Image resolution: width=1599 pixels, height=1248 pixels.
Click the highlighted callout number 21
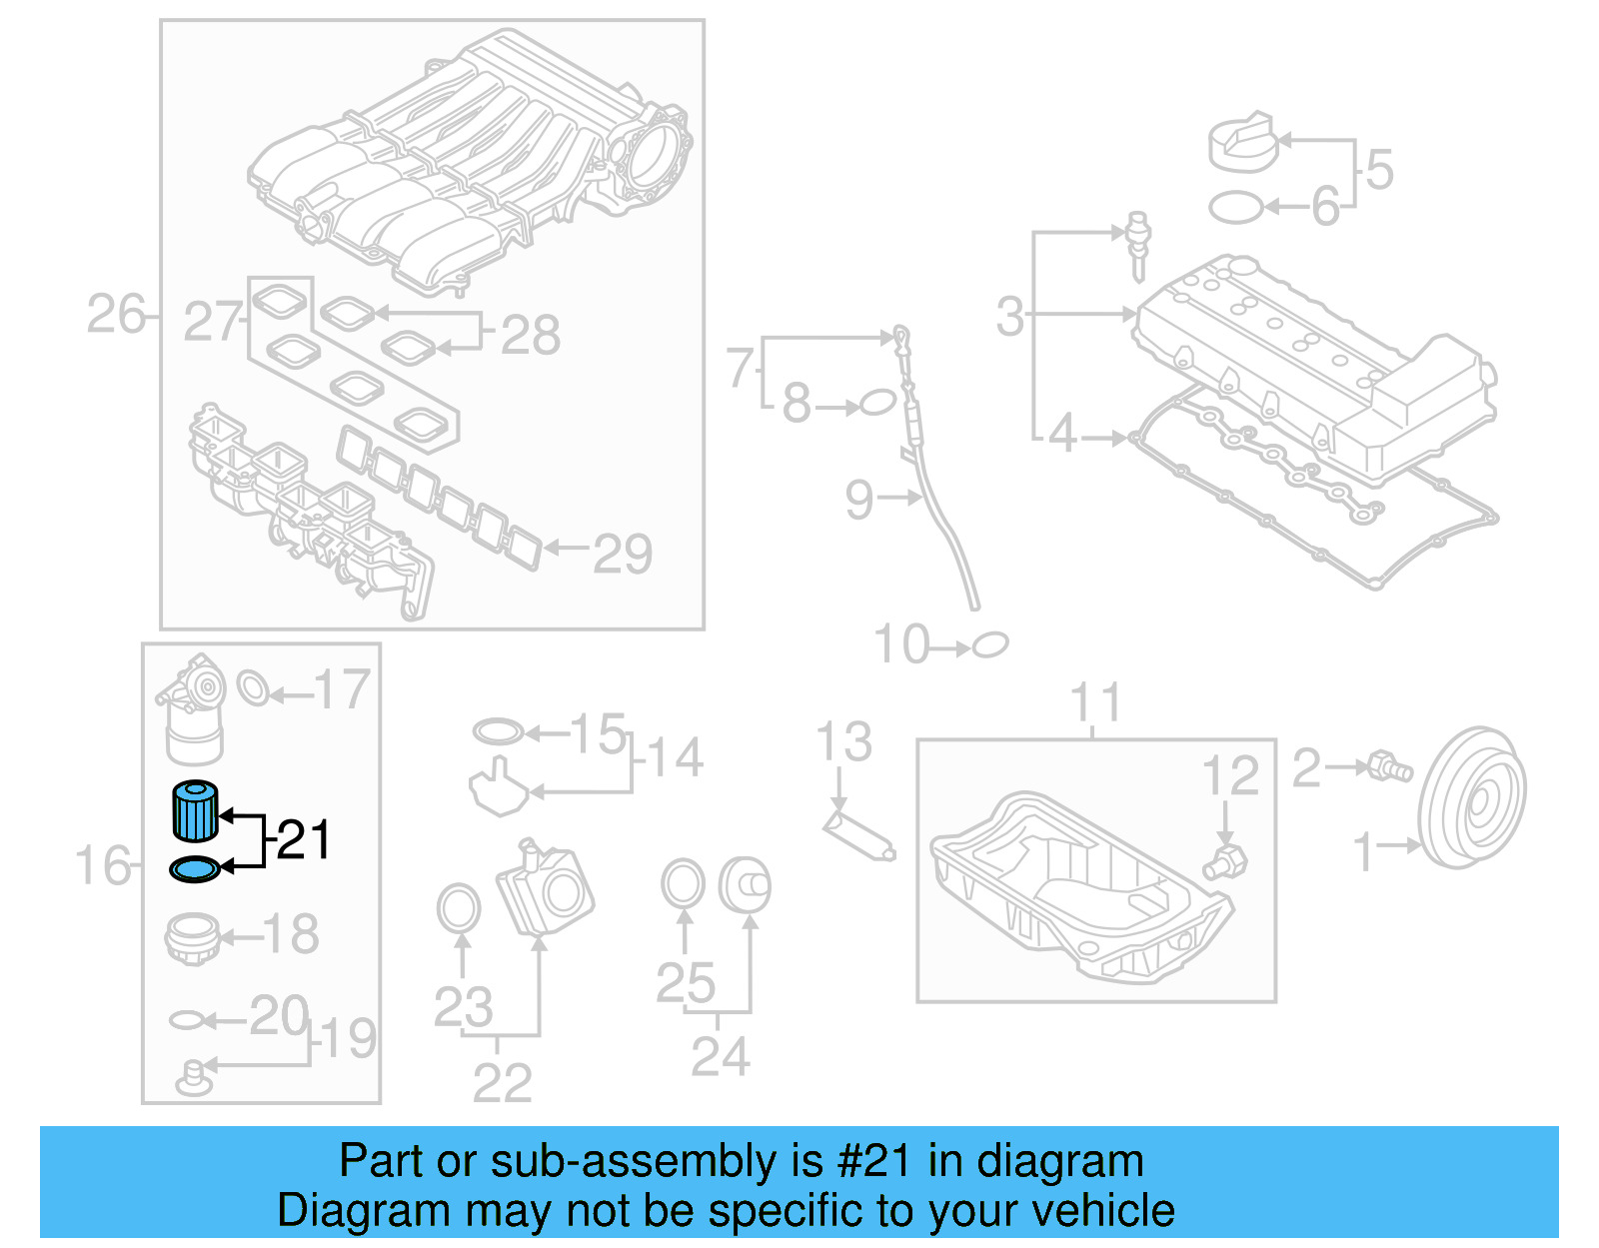point(304,840)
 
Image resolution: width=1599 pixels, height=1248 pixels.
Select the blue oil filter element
point(195,811)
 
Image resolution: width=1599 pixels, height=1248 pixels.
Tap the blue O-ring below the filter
point(195,870)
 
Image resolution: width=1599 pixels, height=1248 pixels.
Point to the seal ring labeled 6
point(1235,208)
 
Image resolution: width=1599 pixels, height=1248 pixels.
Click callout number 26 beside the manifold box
point(116,315)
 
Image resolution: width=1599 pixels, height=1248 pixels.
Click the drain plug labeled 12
point(1226,861)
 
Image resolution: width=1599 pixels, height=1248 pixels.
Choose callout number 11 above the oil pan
point(1096,703)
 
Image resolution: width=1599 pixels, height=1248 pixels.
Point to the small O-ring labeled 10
point(990,645)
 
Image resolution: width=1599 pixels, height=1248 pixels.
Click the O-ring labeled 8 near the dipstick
point(876,404)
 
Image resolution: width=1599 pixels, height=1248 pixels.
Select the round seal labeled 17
point(253,687)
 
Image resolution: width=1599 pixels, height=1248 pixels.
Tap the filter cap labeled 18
point(192,937)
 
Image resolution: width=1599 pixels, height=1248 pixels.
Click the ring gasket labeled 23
point(459,907)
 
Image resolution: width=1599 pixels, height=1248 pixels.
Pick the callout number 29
point(622,554)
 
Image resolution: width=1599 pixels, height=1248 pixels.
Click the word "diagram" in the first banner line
point(1059,1162)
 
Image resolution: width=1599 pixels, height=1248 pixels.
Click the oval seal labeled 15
point(498,731)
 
